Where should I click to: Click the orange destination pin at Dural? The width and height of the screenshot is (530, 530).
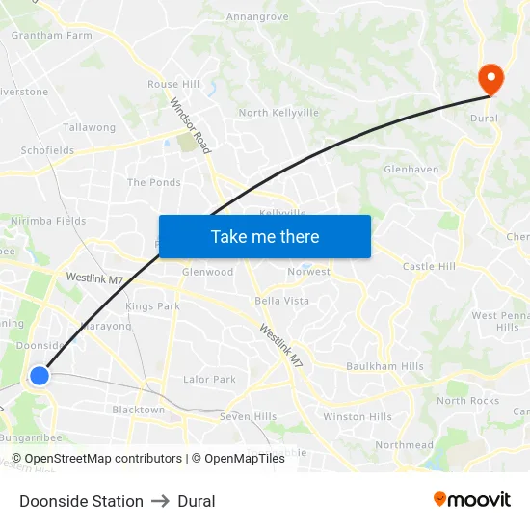[x=490, y=79]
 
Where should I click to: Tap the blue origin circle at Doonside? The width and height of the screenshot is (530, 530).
[x=40, y=375]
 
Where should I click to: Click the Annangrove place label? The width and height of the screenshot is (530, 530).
[x=257, y=16]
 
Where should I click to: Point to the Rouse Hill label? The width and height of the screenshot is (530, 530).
[x=173, y=85]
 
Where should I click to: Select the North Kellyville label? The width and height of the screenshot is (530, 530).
[x=278, y=113]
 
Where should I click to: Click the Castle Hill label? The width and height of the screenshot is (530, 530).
[x=429, y=266]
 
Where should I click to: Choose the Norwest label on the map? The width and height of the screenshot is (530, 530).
[x=308, y=272]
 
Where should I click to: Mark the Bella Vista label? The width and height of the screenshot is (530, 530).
[x=282, y=301]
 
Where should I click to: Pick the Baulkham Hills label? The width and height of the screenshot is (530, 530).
[x=384, y=366]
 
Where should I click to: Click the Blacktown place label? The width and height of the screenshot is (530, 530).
[x=139, y=410]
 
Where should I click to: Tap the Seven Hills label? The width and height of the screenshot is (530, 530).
[x=248, y=416]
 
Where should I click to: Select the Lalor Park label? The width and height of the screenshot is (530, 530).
[x=209, y=380]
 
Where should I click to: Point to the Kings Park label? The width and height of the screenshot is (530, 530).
[x=152, y=306]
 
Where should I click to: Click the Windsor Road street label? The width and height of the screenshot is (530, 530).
[x=191, y=125]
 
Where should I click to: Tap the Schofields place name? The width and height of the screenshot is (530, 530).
[x=47, y=151]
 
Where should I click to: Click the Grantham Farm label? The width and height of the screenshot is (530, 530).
[x=51, y=35]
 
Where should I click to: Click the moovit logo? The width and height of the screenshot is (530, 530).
[x=471, y=499]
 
